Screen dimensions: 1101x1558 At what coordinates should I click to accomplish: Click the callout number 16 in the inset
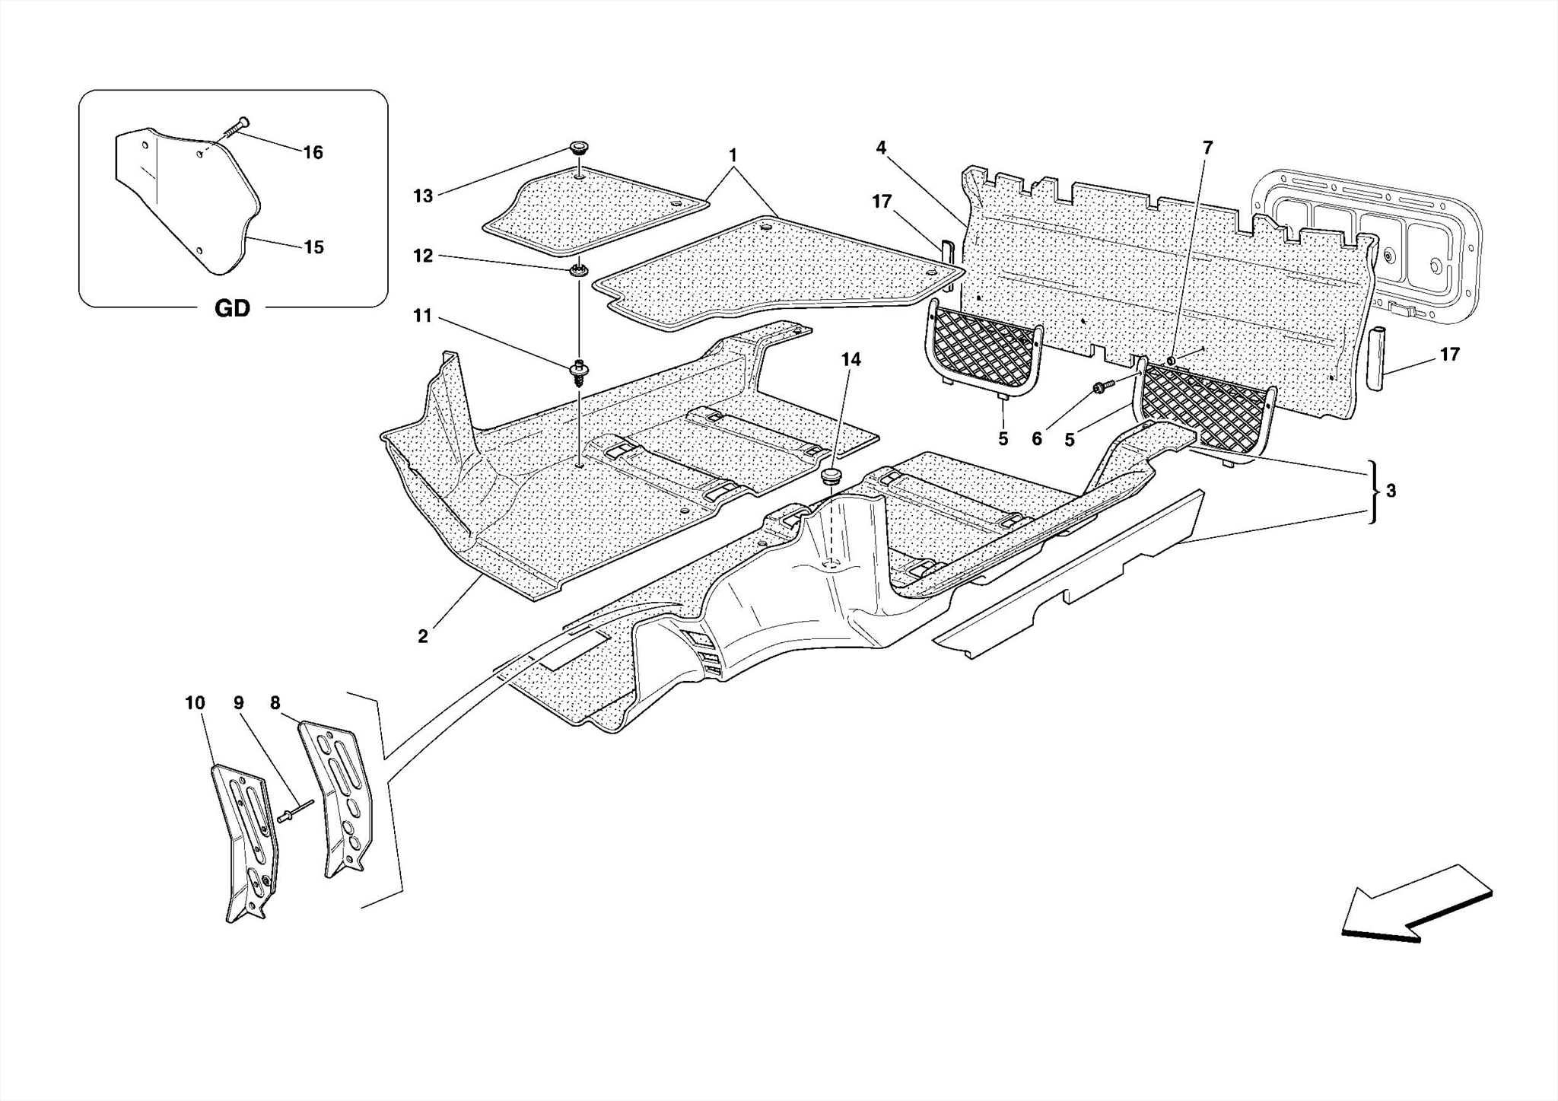click(x=313, y=153)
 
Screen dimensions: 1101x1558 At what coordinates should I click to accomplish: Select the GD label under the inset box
click(x=232, y=309)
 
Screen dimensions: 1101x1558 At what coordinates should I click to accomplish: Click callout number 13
click(x=423, y=196)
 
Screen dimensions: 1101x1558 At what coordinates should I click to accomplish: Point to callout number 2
click(x=423, y=637)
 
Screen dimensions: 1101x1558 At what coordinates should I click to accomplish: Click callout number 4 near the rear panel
click(x=881, y=148)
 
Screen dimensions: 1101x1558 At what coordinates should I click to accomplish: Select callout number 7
click(x=1207, y=148)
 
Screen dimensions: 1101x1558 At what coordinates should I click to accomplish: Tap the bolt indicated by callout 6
click(x=1102, y=388)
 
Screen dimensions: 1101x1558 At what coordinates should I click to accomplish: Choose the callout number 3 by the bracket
click(x=1391, y=492)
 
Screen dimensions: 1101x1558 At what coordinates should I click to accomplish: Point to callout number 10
click(x=195, y=703)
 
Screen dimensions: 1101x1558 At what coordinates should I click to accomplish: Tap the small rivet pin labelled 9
click(x=296, y=811)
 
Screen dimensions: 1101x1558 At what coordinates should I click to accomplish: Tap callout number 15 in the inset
click(x=313, y=247)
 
